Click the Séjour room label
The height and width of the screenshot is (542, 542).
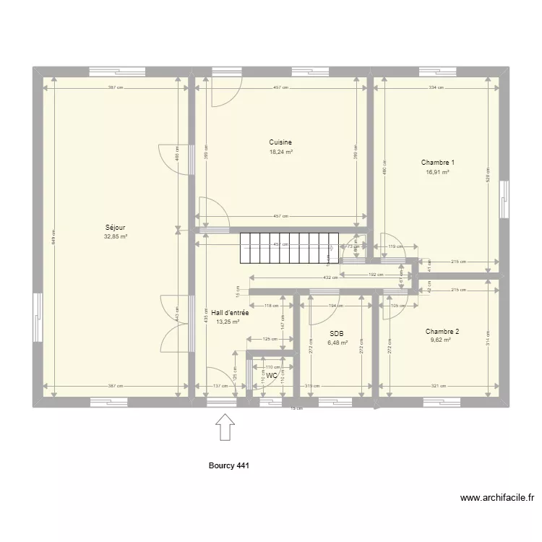point(116,227)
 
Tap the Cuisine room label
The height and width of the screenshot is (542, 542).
point(280,142)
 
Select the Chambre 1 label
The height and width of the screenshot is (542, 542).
point(438,163)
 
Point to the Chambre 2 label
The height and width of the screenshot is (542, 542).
point(442,332)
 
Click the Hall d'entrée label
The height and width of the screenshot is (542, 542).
point(230,313)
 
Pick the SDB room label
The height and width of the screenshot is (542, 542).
point(336,334)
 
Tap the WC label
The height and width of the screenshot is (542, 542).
point(272,377)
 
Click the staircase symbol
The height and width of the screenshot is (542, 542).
point(289,248)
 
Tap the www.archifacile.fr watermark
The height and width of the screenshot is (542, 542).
point(497,498)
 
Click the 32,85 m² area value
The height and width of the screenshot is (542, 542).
point(116,236)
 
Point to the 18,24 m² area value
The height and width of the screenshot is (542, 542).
point(280,152)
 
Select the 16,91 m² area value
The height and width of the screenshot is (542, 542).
point(438,173)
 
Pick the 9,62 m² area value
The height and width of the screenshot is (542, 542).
point(441,340)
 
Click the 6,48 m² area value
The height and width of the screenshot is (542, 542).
point(337,343)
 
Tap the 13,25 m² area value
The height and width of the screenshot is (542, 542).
point(228,322)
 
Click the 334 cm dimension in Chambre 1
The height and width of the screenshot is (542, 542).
point(435,88)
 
